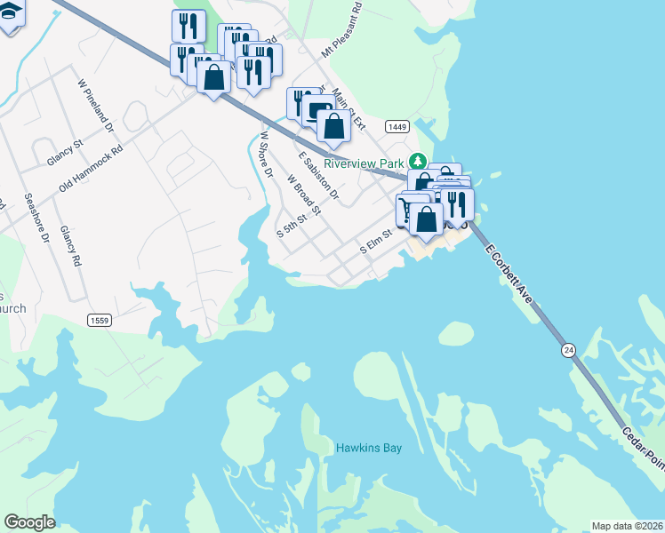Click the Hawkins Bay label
pyautogui.click(x=369, y=448)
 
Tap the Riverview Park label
pyautogui.click(x=364, y=163)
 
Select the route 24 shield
pyautogui.click(x=568, y=351)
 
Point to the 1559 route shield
pyautogui.click(x=99, y=320)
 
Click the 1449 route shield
pyautogui.click(x=397, y=127)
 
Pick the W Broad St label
pyautogui.click(x=303, y=191)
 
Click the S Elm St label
pyautogui.click(x=376, y=243)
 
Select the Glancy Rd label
pyautogui.click(x=70, y=245)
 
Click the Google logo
pyautogui.click(x=30, y=522)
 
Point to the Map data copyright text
pyautogui.click(x=627, y=526)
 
